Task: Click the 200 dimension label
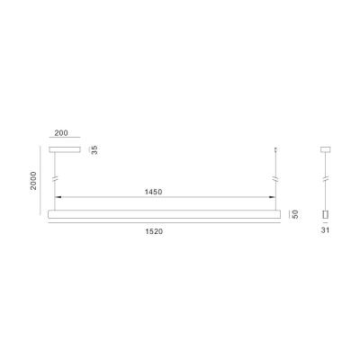click(61, 132)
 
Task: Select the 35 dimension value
click(94, 150)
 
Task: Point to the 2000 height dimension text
click(33, 181)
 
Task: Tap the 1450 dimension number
click(153, 192)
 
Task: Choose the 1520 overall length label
click(154, 231)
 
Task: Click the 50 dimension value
click(295, 214)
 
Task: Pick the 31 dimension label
click(325, 230)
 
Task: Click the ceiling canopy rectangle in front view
click(65, 149)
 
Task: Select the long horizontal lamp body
click(165, 214)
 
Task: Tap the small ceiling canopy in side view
click(325, 148)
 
